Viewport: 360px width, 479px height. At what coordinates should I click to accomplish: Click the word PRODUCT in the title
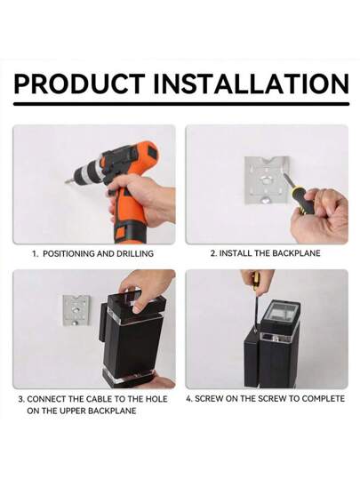79,84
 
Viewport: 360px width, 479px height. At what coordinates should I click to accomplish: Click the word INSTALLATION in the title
251,84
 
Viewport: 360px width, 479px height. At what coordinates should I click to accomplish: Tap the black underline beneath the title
181,104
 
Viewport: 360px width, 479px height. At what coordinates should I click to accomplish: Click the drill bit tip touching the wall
67,182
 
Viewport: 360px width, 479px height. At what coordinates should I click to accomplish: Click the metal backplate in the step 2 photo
267,180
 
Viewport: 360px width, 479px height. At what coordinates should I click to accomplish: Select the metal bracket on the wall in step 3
76,310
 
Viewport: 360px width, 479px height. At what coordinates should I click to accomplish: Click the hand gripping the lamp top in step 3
146,289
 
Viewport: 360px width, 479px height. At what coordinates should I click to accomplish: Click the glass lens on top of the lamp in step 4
280,315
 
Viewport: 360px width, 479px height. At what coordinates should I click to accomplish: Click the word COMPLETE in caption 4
323,399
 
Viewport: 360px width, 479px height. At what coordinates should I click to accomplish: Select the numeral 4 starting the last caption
188,399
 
